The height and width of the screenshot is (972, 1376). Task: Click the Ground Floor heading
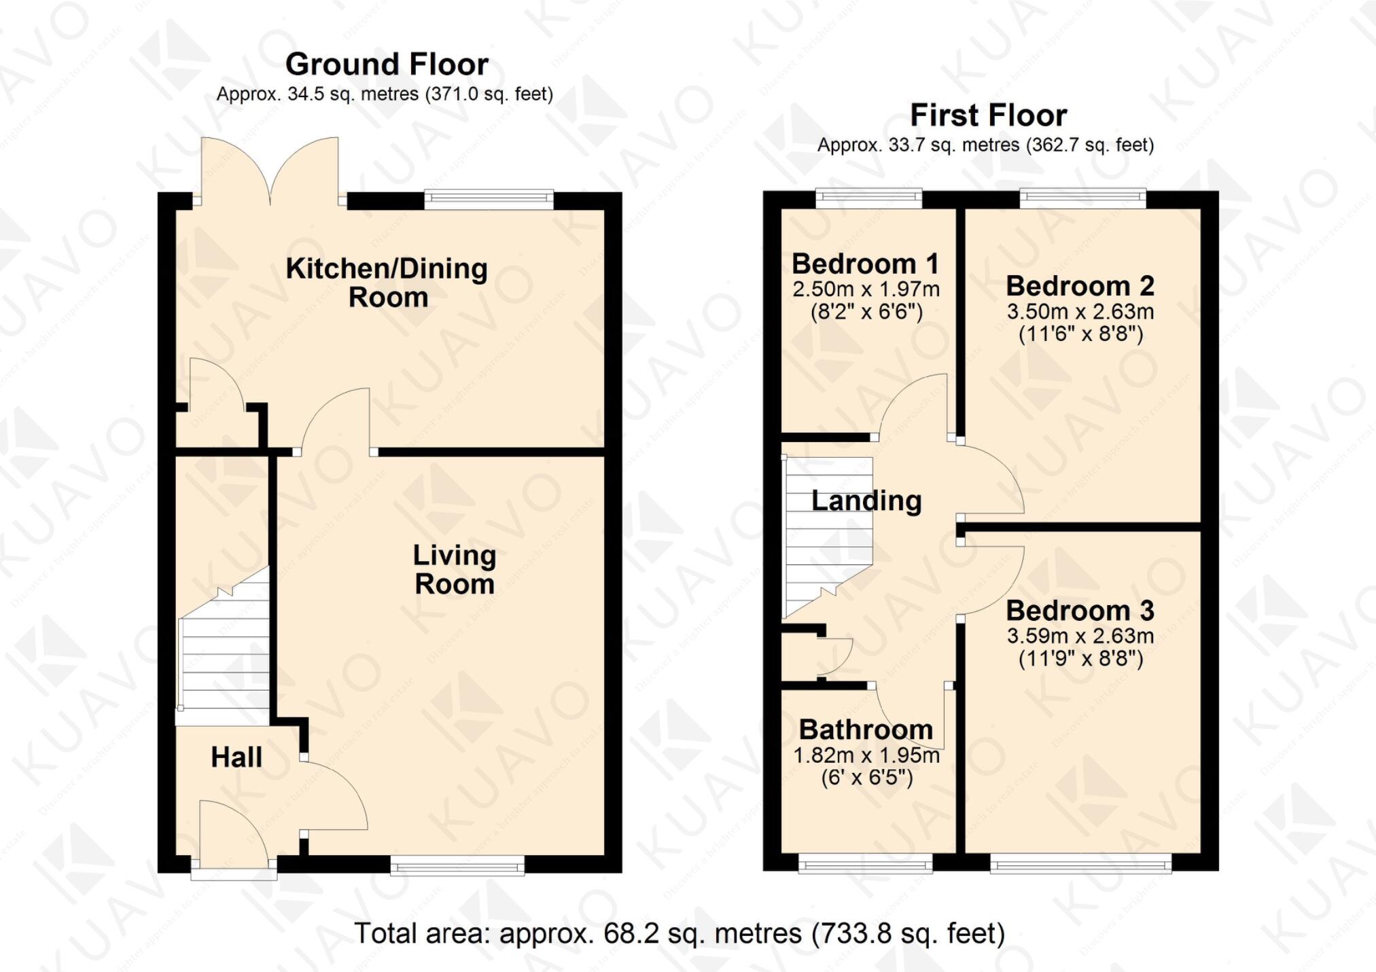[387, 65]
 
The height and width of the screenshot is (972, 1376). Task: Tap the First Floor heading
[988, 115]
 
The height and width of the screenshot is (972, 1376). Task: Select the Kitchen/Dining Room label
[387, 283]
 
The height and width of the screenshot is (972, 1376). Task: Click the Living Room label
[455, 569]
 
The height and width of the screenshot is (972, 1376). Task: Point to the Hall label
[236, 757]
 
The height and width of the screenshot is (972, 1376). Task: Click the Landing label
[866, 501]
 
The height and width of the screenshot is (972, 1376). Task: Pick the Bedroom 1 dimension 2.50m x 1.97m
[866, 289]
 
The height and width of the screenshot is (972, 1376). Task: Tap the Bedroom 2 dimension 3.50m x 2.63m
[1080, 312]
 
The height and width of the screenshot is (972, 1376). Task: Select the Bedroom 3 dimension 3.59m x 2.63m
[1080, 636]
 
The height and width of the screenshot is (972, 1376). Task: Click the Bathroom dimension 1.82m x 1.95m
[866, 755]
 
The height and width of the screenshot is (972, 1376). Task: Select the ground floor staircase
[224, 652]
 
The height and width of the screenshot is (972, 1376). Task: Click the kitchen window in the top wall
[489, 198]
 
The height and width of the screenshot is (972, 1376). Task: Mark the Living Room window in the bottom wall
[457, 865]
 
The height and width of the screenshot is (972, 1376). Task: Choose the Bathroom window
[865, 864]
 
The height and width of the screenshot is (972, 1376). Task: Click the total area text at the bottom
[680, 933]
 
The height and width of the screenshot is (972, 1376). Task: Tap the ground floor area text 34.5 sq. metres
[385, 94]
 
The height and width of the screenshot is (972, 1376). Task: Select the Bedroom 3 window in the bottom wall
[1080, 864]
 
